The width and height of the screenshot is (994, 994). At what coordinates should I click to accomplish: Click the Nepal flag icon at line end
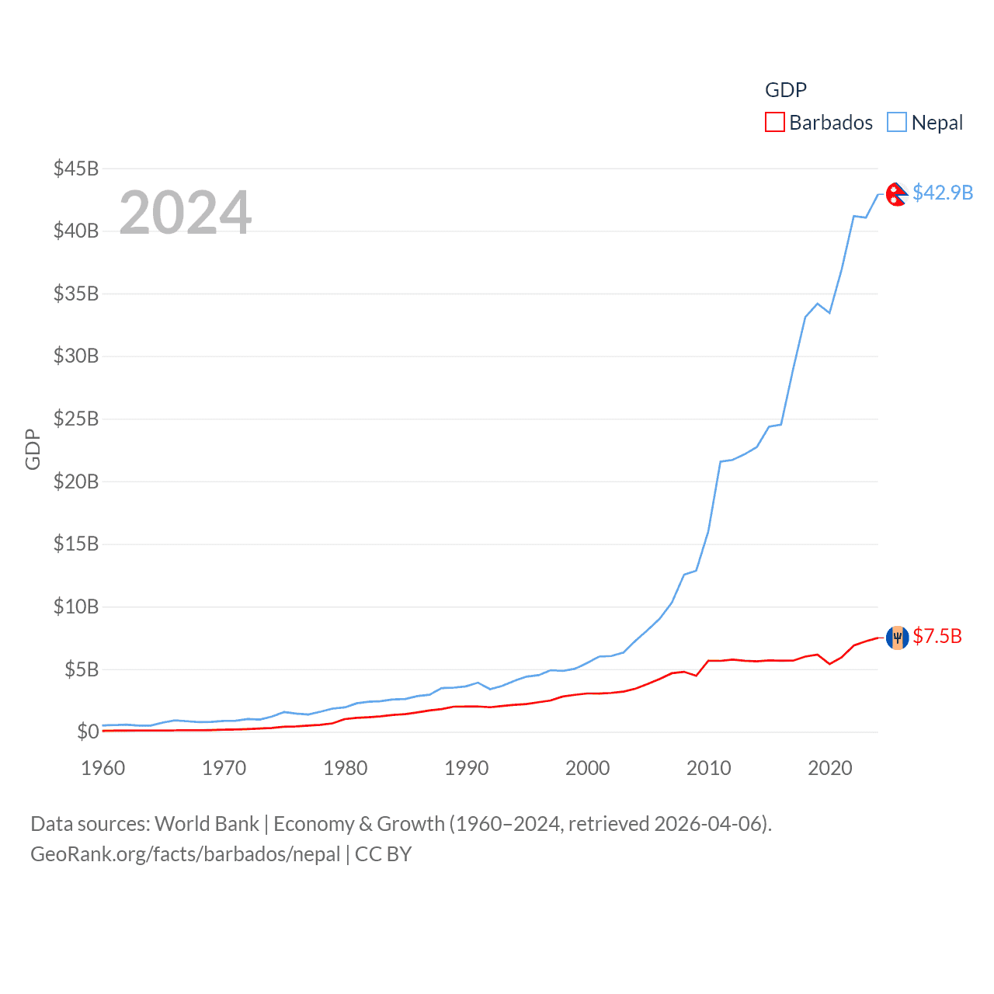coord(897,193)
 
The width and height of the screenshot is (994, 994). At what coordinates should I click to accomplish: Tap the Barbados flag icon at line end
coord(897,638)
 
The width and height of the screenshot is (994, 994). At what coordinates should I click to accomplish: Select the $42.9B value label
coord(943,193)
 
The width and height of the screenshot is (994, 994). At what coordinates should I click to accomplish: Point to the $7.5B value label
coord(937,637)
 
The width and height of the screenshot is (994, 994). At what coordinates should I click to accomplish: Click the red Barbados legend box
coord(775,123)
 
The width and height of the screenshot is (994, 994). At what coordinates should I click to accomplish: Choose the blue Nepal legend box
coord(897,123)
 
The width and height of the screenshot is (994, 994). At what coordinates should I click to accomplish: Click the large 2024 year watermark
coord(186,213)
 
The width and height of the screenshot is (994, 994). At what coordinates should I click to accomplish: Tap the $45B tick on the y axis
coord(76,169)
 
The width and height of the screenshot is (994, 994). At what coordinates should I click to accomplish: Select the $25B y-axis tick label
coord(76,419)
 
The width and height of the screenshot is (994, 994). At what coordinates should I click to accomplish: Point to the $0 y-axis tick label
coord(88,732)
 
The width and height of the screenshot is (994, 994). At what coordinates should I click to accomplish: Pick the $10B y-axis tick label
coord(76,606)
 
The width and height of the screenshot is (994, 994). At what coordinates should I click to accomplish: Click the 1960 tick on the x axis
coord(103,768)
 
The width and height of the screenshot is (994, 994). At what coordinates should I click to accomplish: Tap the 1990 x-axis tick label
coord(467,768)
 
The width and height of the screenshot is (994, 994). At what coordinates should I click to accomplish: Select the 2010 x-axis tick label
coord(709,768)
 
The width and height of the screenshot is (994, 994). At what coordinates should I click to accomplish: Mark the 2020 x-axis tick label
coord(830,768)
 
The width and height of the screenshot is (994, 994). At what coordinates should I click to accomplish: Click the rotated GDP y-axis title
coord(33,449)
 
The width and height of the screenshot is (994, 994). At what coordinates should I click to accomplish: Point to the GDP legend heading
coord(786,90)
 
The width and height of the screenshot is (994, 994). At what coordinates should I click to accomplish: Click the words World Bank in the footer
coord(207,824)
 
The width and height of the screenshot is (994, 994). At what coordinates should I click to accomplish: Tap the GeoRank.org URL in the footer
coord(185,854)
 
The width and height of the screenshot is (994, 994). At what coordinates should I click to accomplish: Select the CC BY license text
coord(384,854)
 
